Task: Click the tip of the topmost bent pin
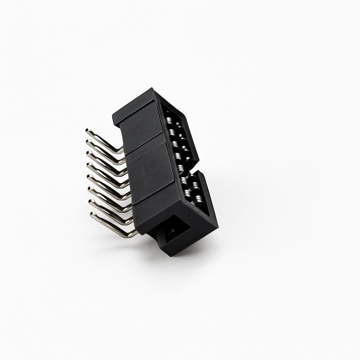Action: (87, 131)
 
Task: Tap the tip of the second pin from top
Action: (88, 142)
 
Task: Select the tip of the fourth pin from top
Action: (88, 165)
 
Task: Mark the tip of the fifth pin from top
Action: (88, 177)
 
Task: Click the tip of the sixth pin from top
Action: (89, 189)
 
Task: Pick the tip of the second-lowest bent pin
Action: (90, 202)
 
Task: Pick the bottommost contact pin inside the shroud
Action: (199, 200)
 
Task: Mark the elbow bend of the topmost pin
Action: (121, 151)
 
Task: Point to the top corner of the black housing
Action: (152, 89)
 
